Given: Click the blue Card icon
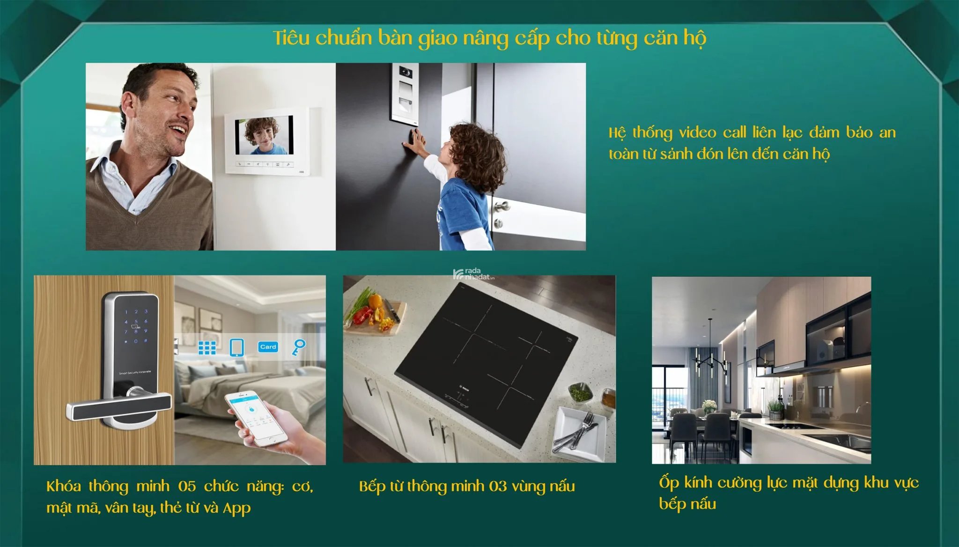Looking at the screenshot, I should (268, 347).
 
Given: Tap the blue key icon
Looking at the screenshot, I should (298, 347).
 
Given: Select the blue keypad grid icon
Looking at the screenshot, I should (207, 347).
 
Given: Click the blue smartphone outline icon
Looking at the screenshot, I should (237, 347).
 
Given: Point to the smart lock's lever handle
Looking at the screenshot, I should (119, 406).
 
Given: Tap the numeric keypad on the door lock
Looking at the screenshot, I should (136, 326).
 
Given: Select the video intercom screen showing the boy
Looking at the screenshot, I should (264, 136).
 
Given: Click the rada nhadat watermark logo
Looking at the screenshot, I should (473, 274).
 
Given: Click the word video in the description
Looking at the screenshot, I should (698, 133).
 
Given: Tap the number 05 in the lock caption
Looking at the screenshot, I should (187, 487).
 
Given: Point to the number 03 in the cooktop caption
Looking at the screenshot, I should (498, 487).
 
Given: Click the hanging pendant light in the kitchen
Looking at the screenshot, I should (710, 356).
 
